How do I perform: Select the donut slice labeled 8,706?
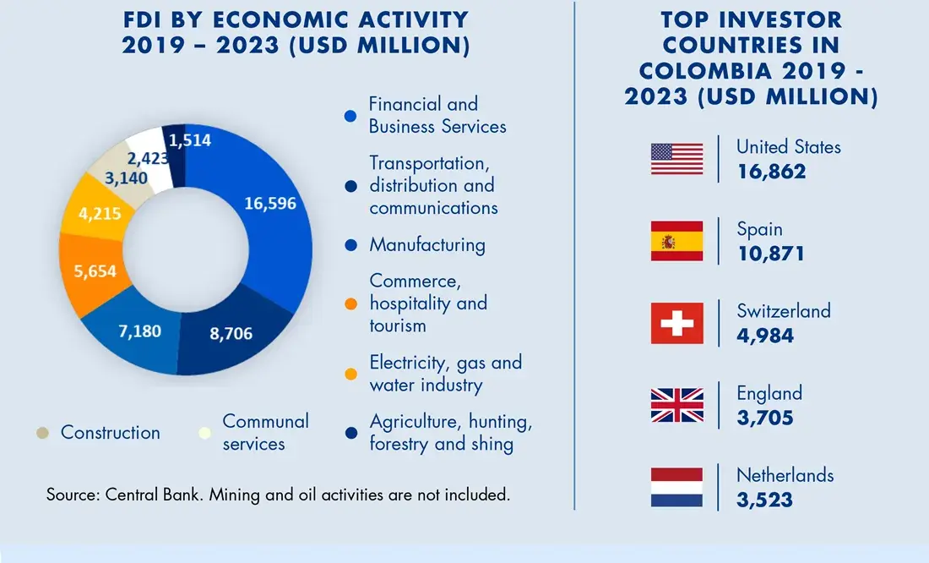point(231,333)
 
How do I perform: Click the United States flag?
point(676,159)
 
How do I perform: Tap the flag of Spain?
point(676,241)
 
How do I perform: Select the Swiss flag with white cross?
point(676,323)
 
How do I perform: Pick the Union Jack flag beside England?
point(676,405)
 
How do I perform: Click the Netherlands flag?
point(676,487)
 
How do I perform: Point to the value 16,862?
point(771,172)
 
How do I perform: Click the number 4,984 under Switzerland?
point(765,336)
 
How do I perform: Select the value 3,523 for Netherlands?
point(764,499)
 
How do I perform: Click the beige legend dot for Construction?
point(42,433)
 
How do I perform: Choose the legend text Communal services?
point(265,432)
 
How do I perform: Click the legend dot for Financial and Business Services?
point(350,116)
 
